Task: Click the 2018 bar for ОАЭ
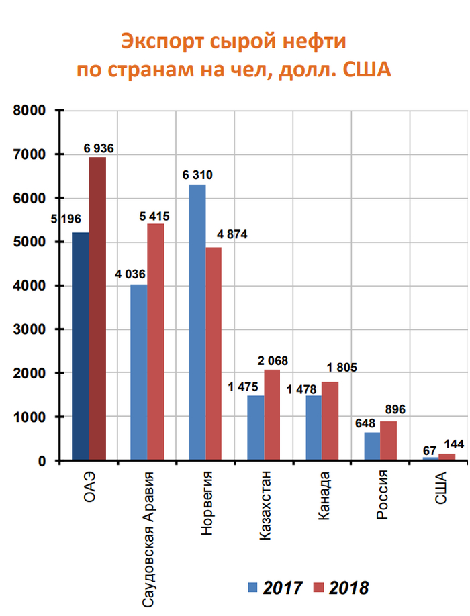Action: (97, 309)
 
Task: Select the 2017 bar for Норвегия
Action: (197, 322)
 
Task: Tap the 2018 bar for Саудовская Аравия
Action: (155, 342)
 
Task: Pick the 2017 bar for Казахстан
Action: (255, 427)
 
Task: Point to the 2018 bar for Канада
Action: (330, 421)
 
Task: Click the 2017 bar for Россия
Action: (372, 446)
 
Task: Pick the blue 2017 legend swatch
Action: (252, 588)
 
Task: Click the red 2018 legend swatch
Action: (318, 588)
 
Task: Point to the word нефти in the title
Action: (316, 42)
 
